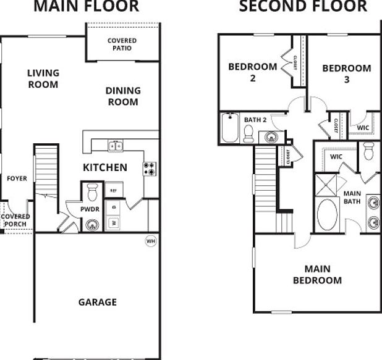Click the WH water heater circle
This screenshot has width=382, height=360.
click(x=150, y=240)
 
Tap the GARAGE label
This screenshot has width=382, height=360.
click(x=97, y=302)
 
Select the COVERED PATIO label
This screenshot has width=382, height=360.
click(x=122, y=44)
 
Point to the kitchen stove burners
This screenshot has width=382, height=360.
click(x=150, y=169)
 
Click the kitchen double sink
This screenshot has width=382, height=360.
click(x=116, y=146)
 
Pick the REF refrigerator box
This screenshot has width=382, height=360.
click(x=113, y=190)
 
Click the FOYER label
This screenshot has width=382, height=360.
click(x=17, y=178)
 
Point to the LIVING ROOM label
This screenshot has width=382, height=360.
click(x=43, y=78)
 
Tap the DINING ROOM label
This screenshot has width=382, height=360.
click(x=123, y=96)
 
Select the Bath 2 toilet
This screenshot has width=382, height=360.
click(x=248, y=133)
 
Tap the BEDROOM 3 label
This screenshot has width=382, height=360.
click(x=346, y=73)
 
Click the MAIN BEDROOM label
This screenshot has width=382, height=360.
click(x=317, y=274)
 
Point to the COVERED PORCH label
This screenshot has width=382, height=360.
click(x=15, y=220)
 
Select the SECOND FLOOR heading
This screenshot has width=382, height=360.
click(x=303, y=7)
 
